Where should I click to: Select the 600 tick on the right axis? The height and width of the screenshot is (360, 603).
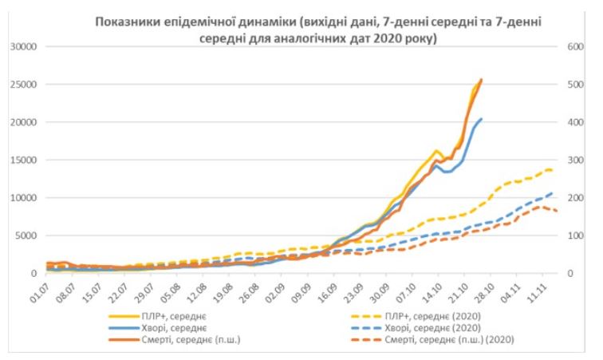[x=577, y=46]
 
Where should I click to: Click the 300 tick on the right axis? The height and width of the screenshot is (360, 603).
[x=577, y=160]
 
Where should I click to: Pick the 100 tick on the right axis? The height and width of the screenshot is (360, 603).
[x=577, y=235]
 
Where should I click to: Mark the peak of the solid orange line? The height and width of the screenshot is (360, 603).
[x=481, y=79]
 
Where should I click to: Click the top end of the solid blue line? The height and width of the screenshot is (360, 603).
[x=481, y=119]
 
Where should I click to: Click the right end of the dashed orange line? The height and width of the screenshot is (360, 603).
[x=556, y=211]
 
